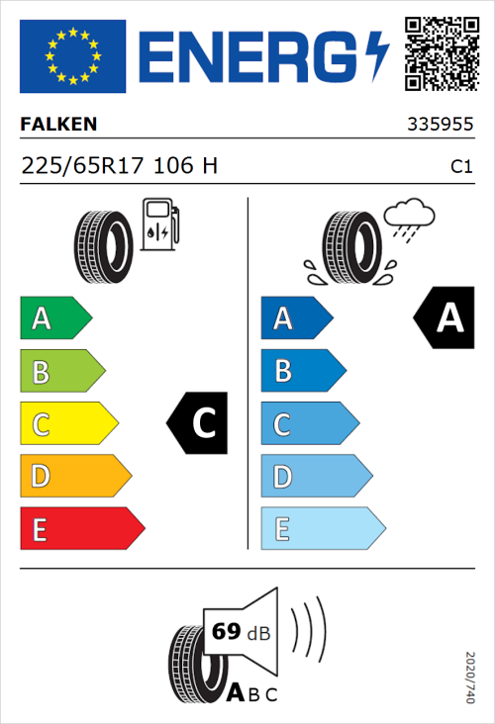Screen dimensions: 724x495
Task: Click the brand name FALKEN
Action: pos(58,126)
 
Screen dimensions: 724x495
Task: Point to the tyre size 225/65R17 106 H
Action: pos(119,166)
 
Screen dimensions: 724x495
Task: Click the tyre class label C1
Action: pos(460,167)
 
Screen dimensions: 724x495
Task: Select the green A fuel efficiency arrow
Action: pos(55,318)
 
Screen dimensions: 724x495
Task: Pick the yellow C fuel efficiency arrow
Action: pos(67,424)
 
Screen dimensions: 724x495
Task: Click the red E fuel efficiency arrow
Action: pos(81,529)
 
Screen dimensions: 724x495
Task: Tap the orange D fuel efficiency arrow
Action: pos(74,477)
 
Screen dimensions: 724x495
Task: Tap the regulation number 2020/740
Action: pos(470,677)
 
